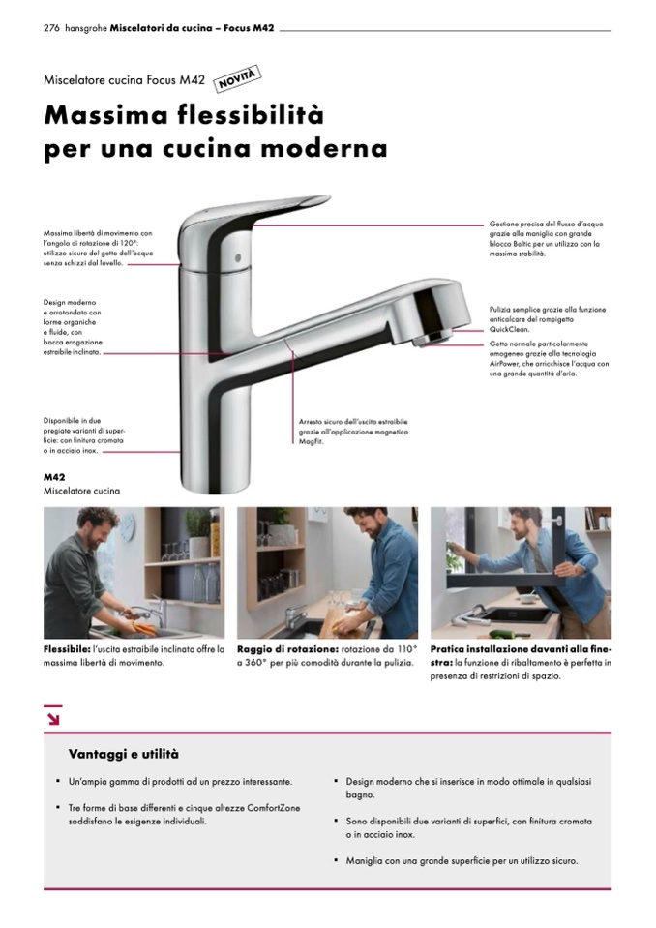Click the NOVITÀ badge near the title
click(236, 78)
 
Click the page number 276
click(51, 28)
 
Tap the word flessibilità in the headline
click(251, 114)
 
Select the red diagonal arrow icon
click(52, 719)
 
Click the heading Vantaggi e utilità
click(124, 754)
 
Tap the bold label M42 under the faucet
click(54, 477)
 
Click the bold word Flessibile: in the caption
click(67, 649)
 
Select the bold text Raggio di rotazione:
click(287, 649)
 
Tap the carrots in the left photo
click(143, 627)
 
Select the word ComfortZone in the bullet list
click(274, 808)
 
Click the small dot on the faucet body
click(238, 258)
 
